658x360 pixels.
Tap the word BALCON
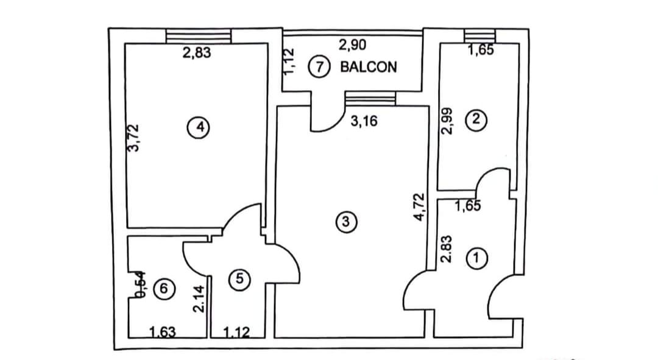click(x=368, y=66)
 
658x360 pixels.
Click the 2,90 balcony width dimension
click(x=352, y=45)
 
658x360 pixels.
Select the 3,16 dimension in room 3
click(x=364, y=121)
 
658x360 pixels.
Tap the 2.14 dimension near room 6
click(x=197, y=300)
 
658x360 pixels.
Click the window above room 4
click(x=199, y=37)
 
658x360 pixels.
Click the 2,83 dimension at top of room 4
click(x=196, y=53)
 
